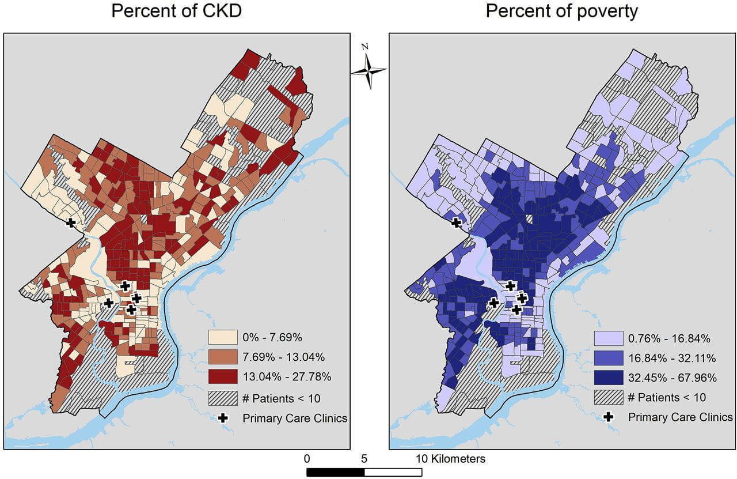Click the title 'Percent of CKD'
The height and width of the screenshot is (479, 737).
click(177, 12)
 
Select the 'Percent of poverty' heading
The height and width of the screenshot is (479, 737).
click(562, 12)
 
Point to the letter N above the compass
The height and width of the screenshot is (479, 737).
click(364, 47)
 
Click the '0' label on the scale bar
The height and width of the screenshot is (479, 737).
click(307, 459)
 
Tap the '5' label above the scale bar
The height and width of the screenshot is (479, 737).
click(364, 459)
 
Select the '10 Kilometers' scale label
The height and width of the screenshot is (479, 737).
click(450, 459)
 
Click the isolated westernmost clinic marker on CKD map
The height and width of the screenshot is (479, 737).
click(71, 222)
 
